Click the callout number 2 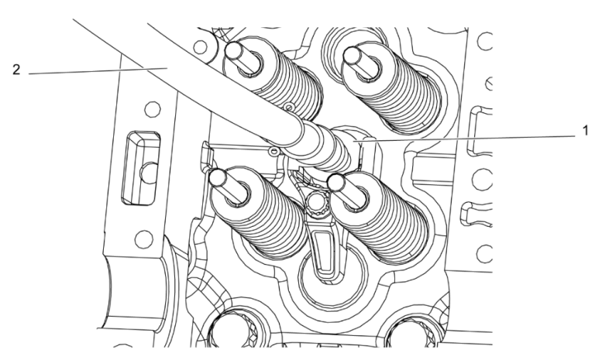16,70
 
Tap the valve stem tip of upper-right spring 355,54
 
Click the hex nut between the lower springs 316,204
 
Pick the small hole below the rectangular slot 141,231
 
